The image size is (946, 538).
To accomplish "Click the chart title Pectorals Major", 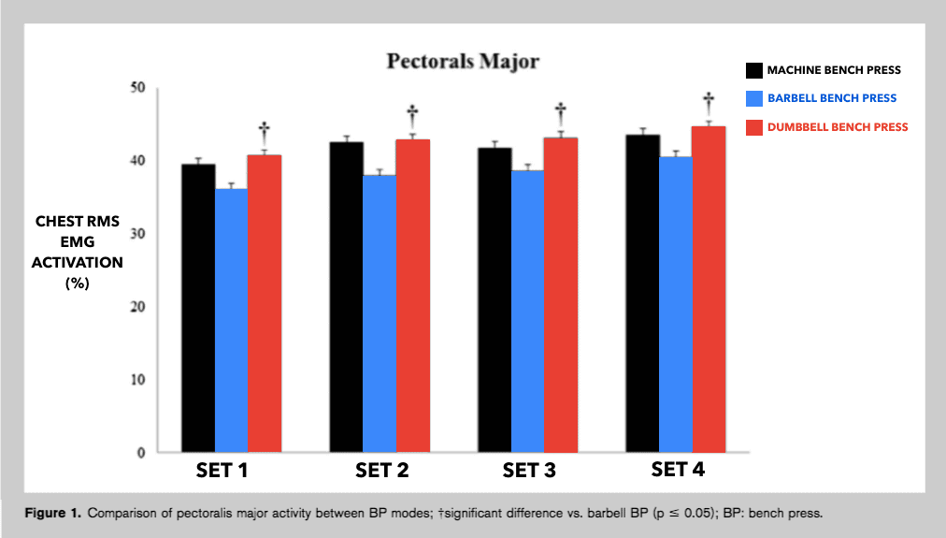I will (464, 62).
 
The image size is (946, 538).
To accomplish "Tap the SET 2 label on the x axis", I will (381, 471).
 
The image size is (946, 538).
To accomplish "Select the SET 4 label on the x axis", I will (679, 470).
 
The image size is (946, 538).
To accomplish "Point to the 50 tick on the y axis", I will (136, 88).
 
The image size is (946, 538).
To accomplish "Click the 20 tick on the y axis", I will (136, 307).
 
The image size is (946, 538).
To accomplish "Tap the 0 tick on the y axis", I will (141, 453).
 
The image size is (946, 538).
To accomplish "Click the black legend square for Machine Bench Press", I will (753, 71).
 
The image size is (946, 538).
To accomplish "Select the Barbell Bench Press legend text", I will (831, 98).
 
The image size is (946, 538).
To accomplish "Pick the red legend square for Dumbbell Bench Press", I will (753, 126).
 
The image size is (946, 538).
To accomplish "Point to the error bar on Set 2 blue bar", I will (380, 171).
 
